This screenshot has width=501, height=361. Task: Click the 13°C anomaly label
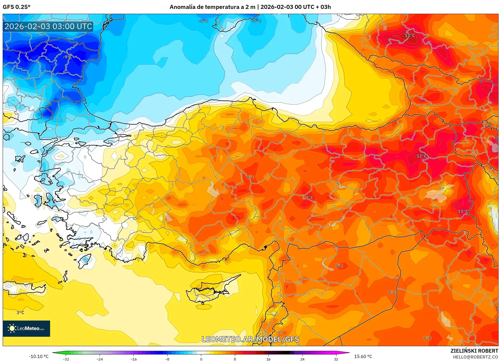[410, 36]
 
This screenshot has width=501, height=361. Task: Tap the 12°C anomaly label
[422, 156]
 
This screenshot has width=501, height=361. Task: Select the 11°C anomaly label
[463, 211]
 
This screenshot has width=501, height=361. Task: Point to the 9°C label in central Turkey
[309, 198]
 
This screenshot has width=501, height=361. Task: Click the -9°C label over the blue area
[67, 57]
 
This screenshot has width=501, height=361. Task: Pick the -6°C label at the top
[203, 21]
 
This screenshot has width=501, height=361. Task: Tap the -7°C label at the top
[256, 21]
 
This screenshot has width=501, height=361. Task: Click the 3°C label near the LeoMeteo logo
[20, 313]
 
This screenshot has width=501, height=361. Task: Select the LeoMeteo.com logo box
[26, 328]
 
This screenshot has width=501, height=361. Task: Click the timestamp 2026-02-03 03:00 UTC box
[48, 26]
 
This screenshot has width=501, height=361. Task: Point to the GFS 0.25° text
[16, 7]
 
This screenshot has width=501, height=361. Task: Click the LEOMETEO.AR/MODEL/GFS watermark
[250, 339]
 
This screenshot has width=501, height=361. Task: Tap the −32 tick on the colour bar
[66, 359]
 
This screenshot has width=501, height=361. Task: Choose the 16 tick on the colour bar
[268, 359]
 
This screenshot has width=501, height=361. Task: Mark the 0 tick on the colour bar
[201, 359]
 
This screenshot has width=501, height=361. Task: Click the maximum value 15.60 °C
[363, 356]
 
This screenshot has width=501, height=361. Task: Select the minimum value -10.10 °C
[39, 356]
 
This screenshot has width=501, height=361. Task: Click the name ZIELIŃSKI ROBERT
[474, 351]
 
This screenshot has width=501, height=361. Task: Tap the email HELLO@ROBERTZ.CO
[475, 357]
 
